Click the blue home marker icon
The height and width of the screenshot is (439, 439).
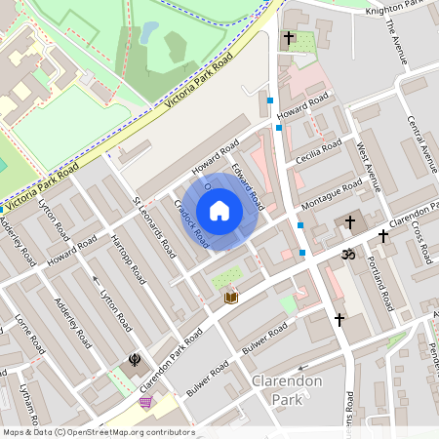coord(219,211)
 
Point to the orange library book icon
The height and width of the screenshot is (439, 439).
coord(231,297)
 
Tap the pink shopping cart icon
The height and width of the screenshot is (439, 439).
coord(146,402)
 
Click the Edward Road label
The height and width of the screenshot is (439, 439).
coord(248,186)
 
